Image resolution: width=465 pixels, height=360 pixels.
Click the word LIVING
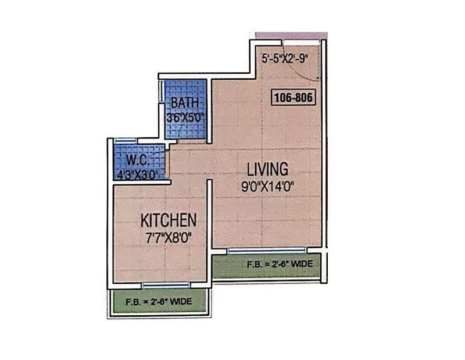tap(267, 170)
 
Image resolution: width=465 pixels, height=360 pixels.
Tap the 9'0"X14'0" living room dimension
tap(267, 188)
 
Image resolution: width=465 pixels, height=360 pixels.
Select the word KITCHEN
tap(168, 221)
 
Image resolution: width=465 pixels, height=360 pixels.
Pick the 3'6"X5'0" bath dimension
tap(185, 116)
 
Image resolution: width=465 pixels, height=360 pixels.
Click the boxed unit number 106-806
tap(294, 98)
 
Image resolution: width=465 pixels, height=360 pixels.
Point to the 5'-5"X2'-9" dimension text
tap(285, 58)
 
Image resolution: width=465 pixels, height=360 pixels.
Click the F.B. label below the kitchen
tap(159, 302)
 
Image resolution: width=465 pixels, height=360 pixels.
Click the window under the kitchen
tap(166, 285)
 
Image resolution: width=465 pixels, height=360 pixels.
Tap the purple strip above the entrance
tap(291, 35)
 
